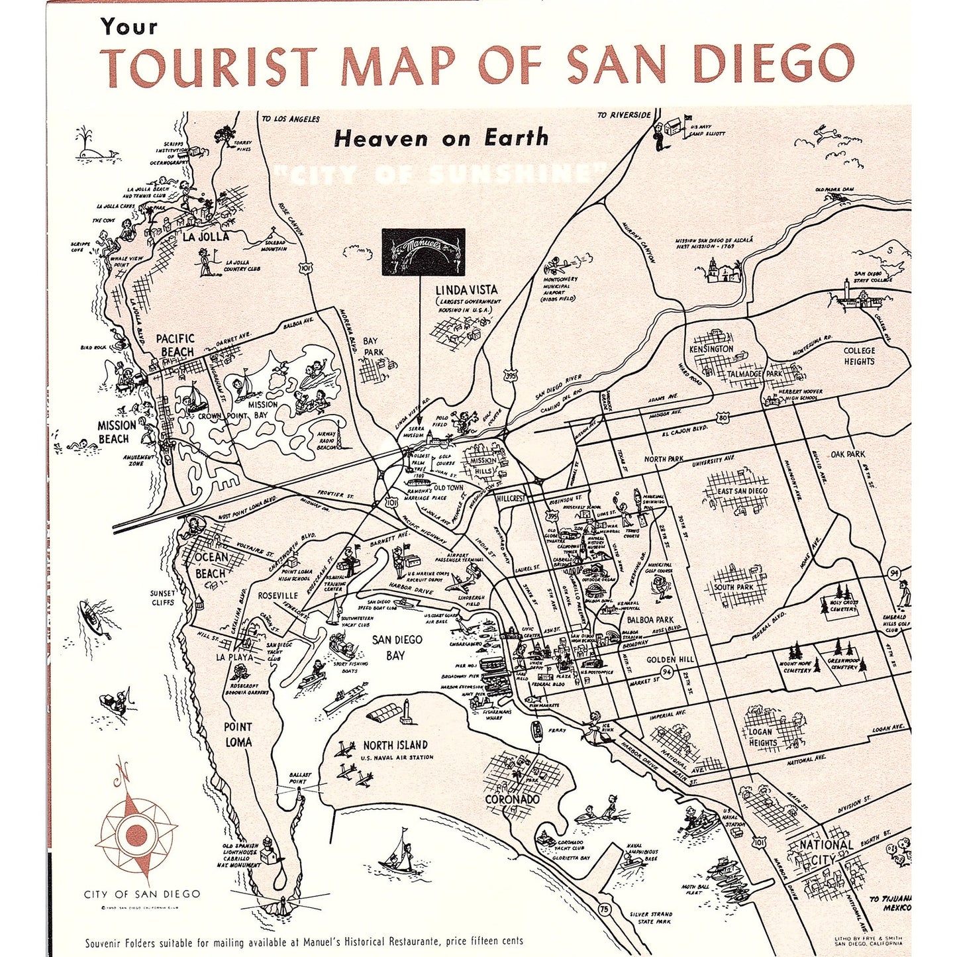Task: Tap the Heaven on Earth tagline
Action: pos(441,138)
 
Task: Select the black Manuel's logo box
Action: pos(423,250)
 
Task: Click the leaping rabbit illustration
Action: pos(825,132)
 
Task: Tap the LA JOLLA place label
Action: pos(206,236)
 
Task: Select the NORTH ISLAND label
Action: pos(395,745)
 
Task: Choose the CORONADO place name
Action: pos(512,799)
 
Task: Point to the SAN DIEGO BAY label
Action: pos(397,648)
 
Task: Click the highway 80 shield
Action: pos(723,418)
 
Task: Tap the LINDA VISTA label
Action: pos(466,290)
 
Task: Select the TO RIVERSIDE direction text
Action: pos(623,115)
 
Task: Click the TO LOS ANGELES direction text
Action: pos(290,119)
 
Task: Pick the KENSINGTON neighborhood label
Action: pos(711,348)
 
